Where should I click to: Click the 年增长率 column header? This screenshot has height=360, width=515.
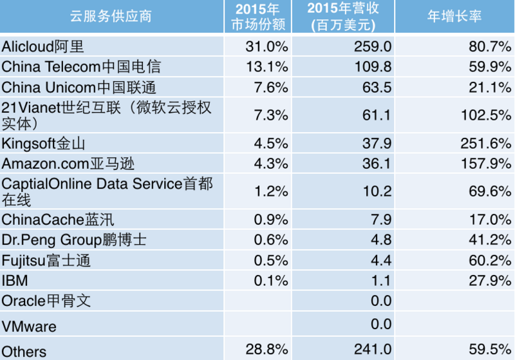coord(454,17)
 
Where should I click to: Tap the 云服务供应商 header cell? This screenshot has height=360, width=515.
coord(111,17)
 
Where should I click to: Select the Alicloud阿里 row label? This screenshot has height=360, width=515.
coord(44,46)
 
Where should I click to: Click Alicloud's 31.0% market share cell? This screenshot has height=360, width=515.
coord(267,46)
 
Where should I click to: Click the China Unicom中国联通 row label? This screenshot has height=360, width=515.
coord(79,87)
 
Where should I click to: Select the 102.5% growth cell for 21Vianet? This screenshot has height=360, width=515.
coord(483,115)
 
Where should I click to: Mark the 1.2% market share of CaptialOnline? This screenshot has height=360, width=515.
coord(270,191)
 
